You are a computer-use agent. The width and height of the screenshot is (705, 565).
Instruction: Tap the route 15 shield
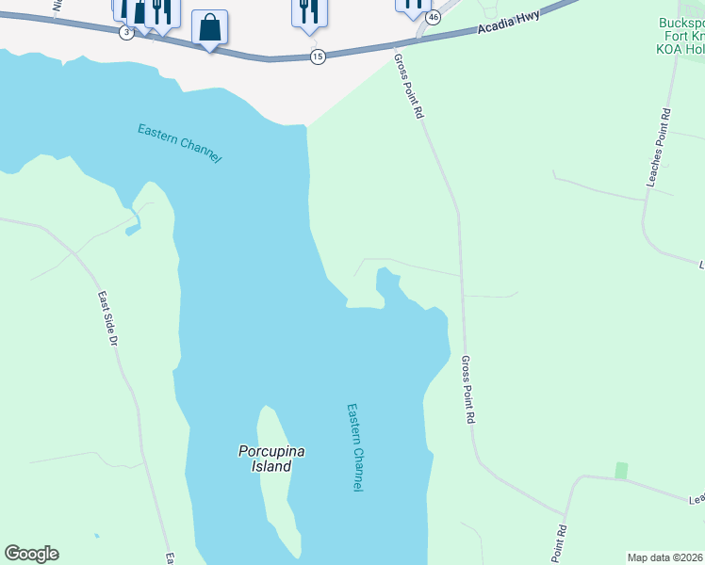coord(318,57)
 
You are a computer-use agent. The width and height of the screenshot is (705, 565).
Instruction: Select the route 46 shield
coord(433,18)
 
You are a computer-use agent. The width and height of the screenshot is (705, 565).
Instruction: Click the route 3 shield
coord(126,31)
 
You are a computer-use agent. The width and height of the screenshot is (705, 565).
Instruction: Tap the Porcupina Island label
coord(271,459)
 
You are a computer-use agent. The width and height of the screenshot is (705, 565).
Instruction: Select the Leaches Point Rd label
coord(658,147)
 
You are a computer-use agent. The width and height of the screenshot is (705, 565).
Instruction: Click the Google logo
coord(31,554)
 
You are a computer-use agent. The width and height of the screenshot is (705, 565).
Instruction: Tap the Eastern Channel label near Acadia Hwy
coord(179,143)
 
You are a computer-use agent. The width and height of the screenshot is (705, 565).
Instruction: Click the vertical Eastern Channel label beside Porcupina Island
coord(354,447)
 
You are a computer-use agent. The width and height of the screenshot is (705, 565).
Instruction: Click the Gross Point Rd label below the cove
coord(467,389)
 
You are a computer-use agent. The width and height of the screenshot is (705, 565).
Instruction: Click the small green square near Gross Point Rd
coord(620,469)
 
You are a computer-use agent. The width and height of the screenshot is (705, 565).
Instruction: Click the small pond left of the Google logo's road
coord(96,536)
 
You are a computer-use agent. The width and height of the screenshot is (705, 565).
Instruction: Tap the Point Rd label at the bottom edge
coord(560,544)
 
